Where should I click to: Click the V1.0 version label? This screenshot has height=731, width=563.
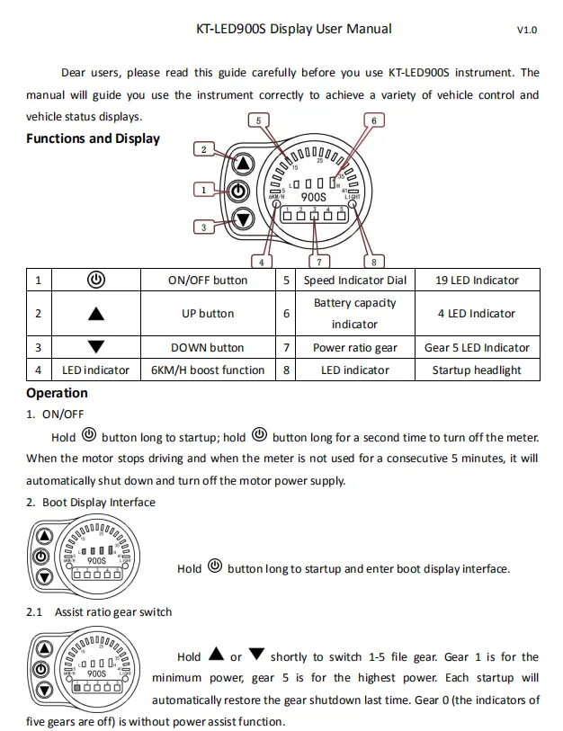526,30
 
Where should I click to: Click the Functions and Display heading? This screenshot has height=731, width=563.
93,138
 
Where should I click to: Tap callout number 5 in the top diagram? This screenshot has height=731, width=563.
259,120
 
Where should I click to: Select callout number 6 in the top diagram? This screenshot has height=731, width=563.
373,120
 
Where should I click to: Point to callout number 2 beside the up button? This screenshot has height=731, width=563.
205,150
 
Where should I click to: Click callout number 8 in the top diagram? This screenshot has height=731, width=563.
374,262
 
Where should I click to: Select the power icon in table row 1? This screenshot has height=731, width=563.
96,280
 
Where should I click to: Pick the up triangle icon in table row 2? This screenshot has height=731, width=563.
96,314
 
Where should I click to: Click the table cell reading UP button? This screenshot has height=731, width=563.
207,314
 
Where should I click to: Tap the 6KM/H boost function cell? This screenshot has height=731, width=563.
207,370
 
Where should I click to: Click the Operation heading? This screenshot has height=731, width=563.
57,393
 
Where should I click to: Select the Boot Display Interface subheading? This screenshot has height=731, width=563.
98,503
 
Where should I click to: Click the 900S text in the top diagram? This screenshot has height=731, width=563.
313,196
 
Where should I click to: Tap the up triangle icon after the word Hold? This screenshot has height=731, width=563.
215,655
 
